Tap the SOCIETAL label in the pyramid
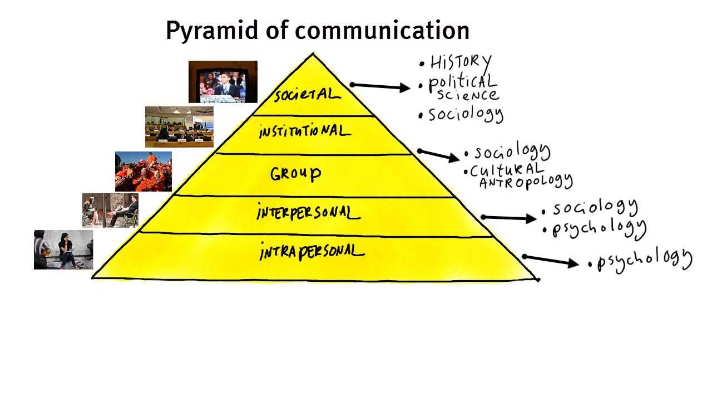click(x=306, y=95)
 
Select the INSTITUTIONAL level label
click(x=304, y=132)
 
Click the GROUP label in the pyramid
click(x=295, y=174)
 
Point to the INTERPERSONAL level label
click(x=308, y=213)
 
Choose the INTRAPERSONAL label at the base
click(x=311, y=252)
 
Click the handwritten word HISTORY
click(x=461, y=62)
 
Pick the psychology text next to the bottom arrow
click(x=644, y=260)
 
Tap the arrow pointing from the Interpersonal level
click(x=509, y=218)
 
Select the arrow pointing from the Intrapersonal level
click(x=551, y=260)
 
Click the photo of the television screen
click(x=223, y=82)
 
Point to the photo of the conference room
click(x=179, y=127)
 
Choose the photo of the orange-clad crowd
click(x=144, y=172)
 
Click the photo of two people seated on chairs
click(x=110, y=211)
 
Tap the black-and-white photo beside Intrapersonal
click(x=63, y=250)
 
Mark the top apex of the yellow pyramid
click(x=313, y=55)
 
